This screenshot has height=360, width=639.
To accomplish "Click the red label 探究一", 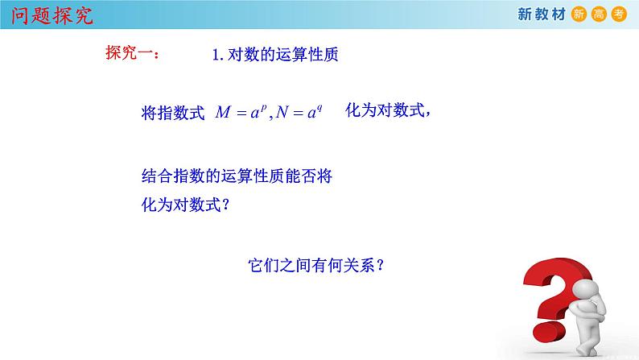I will [x=132, y=54].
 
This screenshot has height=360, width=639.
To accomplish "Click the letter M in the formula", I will [x=223, y=114].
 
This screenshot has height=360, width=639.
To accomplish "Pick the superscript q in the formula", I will [x=319, y=108].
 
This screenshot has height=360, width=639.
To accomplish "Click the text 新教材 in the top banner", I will [x=540, y=14].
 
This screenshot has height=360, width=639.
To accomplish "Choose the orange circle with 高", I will [x=599, y=14].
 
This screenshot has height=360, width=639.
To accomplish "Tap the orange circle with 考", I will [x=618, y=14].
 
